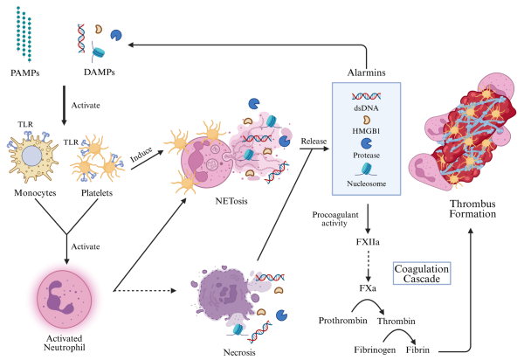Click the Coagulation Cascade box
422,273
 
